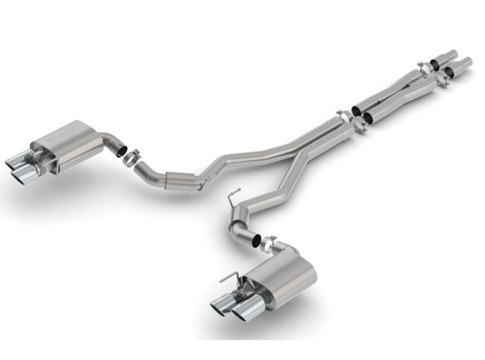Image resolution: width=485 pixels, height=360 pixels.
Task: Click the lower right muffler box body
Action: click(282, 284)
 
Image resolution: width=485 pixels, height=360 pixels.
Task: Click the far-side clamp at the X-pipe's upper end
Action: click(424, 66)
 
